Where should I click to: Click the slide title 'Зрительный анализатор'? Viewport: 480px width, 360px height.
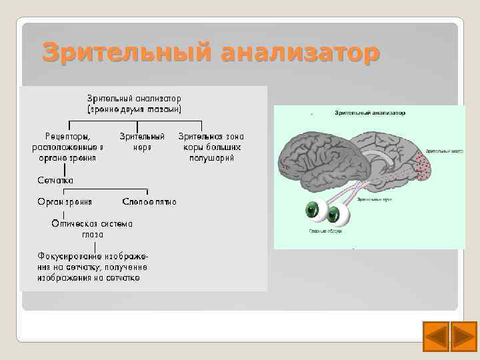(x=211, y=52)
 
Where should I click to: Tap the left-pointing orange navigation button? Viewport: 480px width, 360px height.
(x=437, y=336)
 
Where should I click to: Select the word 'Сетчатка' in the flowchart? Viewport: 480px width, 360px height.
(x=55, y=180)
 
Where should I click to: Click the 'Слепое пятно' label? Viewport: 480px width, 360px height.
(x=150, y=201)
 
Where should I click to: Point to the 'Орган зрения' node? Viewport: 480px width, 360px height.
(x=65, y=201)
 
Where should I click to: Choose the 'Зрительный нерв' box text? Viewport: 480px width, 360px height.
(x=142, y=141)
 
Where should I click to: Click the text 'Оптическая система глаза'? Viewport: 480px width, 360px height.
(x=93, y=229)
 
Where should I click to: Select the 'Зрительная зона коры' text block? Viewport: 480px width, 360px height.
(x=209, y=147)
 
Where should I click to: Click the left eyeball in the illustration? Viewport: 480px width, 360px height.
(x=313, y=211)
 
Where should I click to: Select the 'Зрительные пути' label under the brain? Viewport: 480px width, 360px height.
(x=368, y=199)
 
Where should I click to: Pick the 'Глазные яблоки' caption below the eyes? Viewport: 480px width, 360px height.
(x=325, y=231)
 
